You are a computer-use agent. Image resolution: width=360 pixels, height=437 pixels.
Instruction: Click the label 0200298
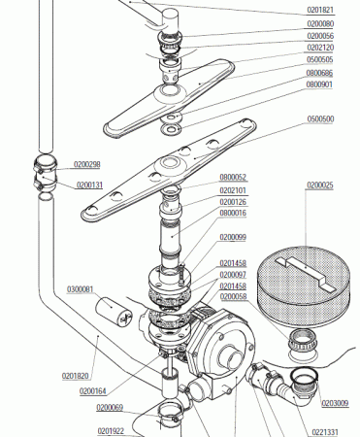[x=87, y=165]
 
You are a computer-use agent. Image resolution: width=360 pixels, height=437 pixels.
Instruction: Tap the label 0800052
[x=233, y=178]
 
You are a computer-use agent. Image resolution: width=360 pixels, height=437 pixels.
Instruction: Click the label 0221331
[x=325, y=431]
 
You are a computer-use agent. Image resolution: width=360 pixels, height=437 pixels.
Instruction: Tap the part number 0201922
[x=111, y=431]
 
